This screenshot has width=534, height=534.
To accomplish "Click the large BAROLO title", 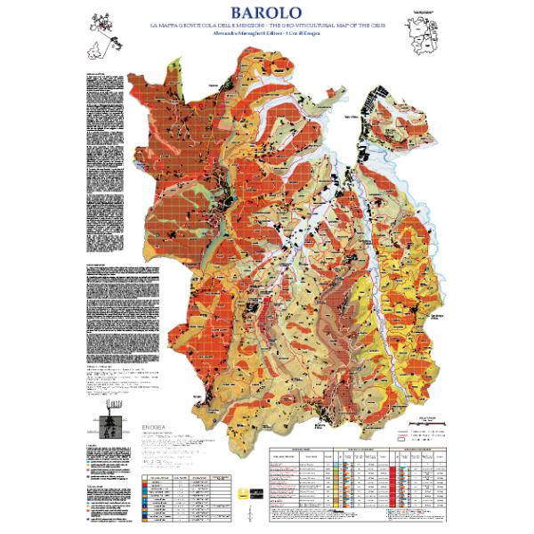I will (266, 14).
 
